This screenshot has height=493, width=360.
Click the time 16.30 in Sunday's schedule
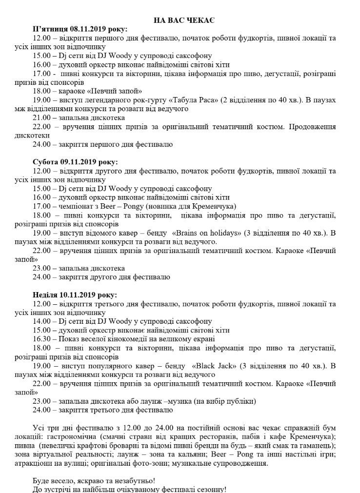click(41, 339)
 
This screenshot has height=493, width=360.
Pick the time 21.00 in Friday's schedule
click(41, 118)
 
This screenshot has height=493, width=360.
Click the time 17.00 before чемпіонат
click(41, 206)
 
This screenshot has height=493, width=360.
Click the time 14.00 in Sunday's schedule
click(41, 321)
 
